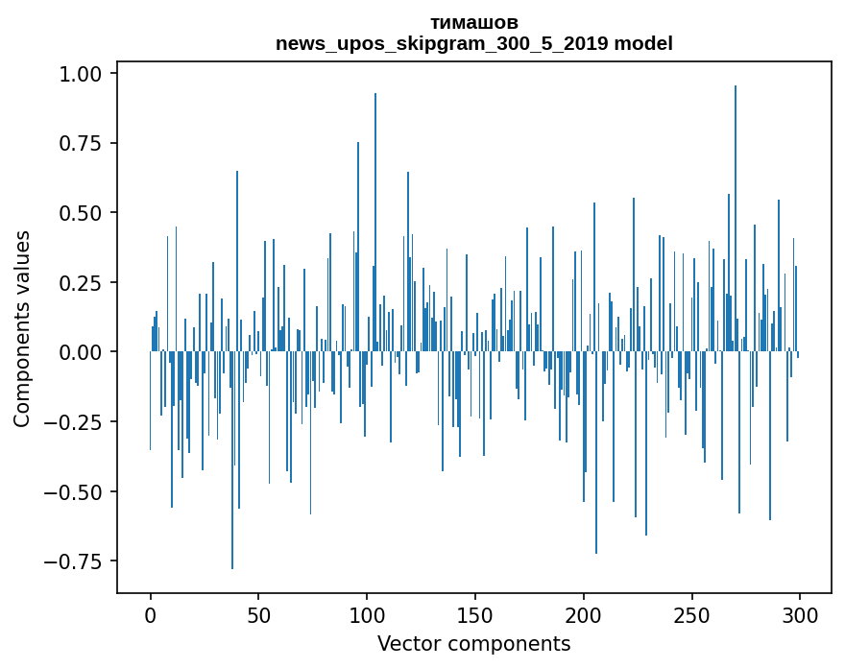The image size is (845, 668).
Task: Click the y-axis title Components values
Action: (22, 328)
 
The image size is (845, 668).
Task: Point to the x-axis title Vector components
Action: (474, 644)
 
